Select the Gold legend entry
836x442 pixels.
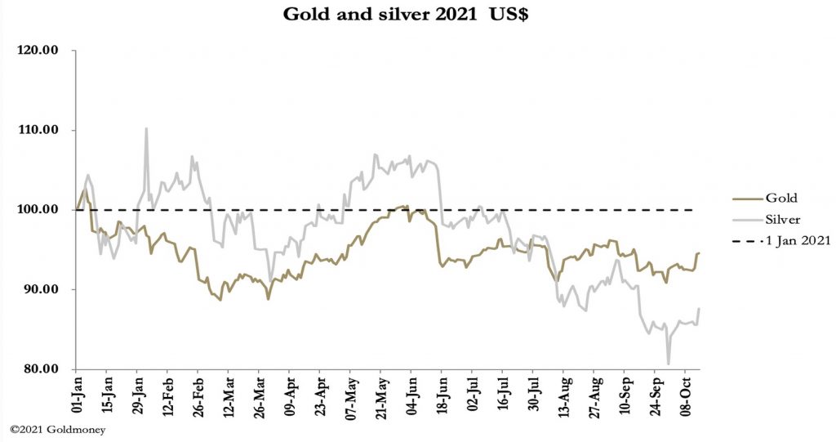point(780,198)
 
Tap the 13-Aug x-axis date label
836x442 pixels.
point(563,397)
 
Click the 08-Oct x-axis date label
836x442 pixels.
point(684,397)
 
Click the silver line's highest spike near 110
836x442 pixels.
point(146,128)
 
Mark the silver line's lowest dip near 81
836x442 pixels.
point(669,364)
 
